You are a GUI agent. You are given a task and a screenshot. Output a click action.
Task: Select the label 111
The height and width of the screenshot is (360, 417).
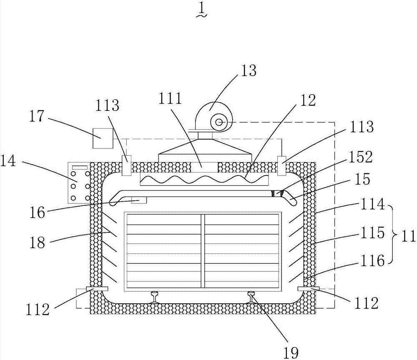click(x=171, y=99)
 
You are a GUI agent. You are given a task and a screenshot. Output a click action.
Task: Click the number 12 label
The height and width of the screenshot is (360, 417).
click(x=308, y=100)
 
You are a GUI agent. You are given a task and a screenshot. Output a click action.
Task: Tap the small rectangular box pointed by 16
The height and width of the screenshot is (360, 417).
click(x=139, y=201)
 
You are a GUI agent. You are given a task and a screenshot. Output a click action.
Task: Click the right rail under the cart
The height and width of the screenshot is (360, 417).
click(x=252, y=297)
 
